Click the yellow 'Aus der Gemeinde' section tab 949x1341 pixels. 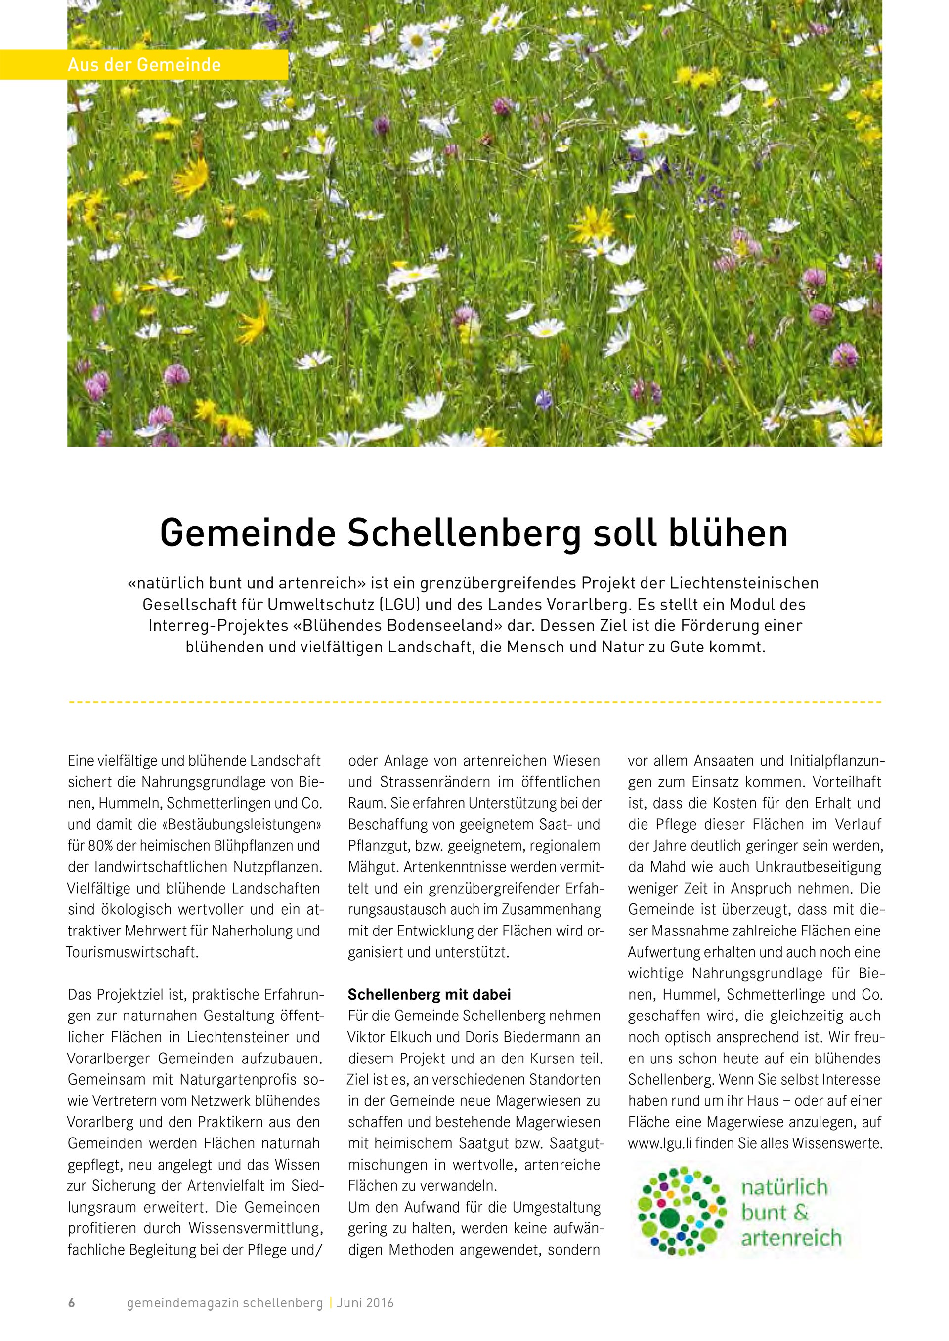point(144,65)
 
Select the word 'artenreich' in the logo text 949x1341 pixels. point(791,1238)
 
